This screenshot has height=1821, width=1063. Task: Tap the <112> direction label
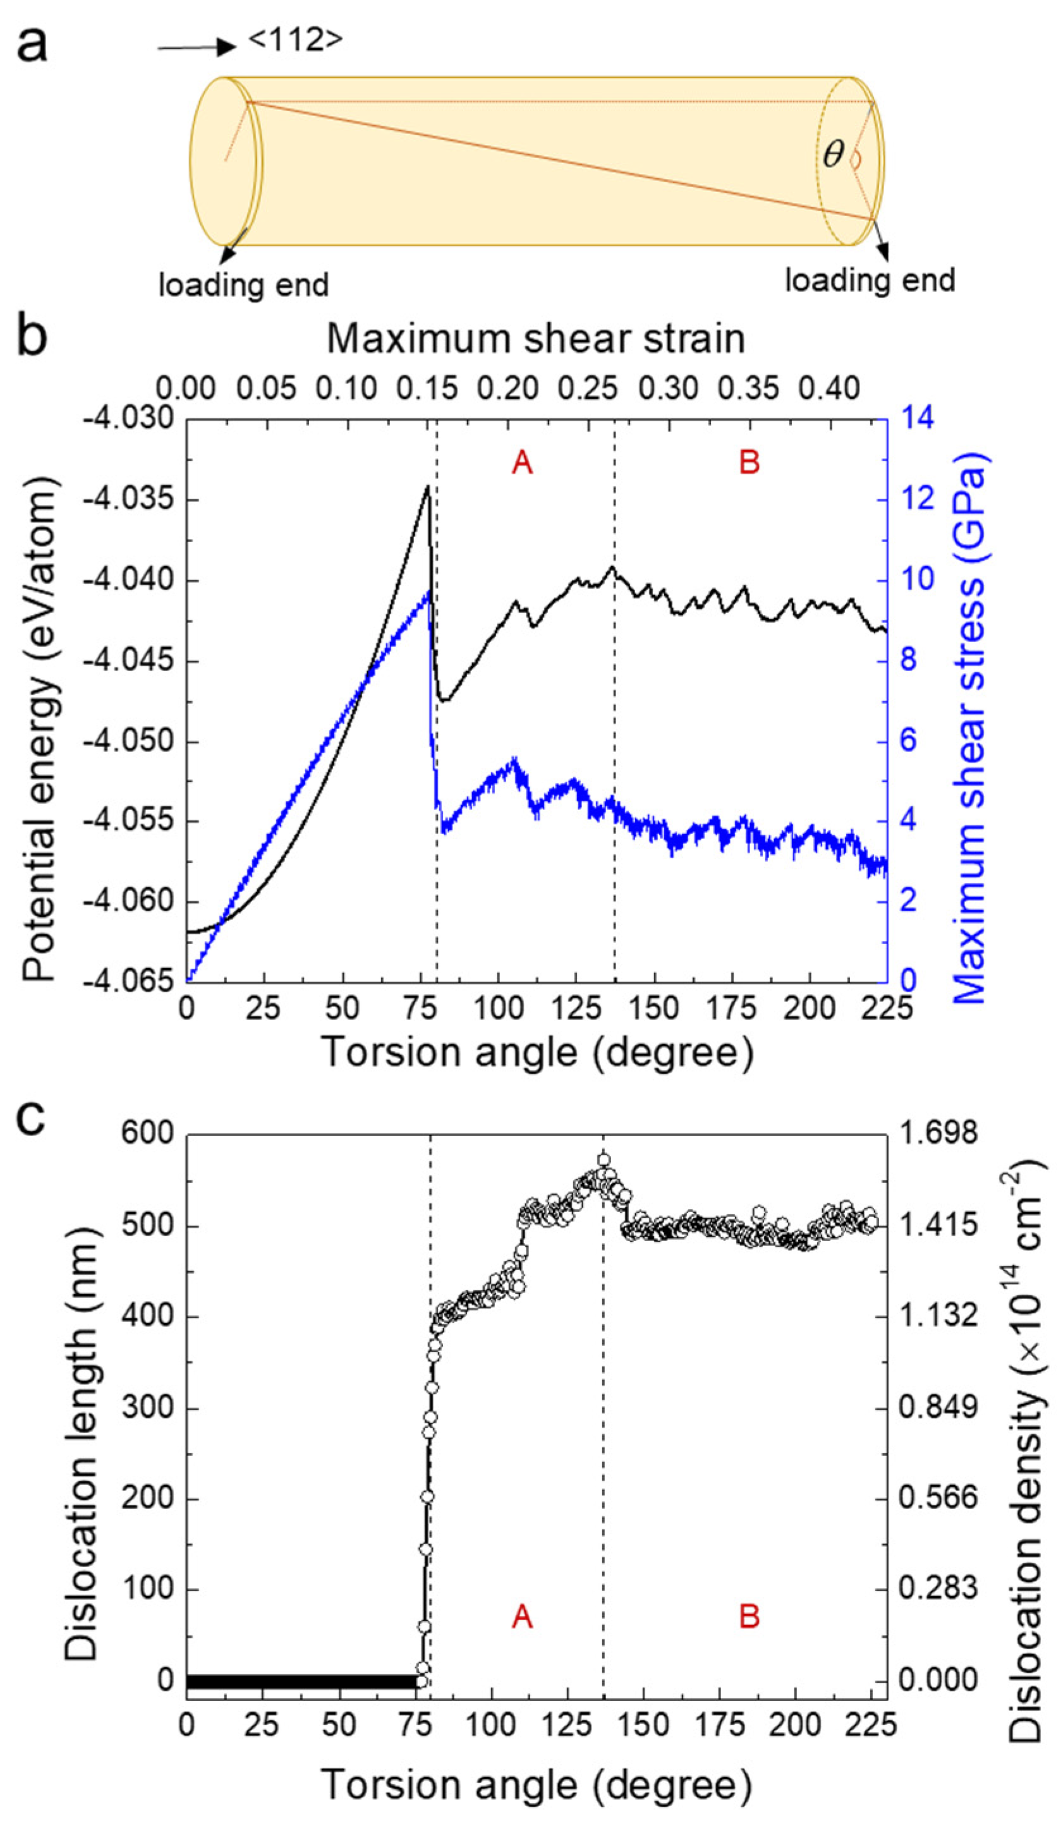tap(295, 40)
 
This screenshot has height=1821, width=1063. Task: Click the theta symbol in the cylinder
tap(833, 154)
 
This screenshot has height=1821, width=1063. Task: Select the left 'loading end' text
tap(243, 285)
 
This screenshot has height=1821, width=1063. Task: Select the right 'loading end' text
tap(870, 280)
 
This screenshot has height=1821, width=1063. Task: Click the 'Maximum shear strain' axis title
tap(535, 338)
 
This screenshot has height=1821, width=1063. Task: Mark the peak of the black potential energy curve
tap(428, 487)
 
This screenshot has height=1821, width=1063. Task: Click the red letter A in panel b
tap(522, 463)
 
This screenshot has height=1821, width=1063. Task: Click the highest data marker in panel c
tap(604, 1160)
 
